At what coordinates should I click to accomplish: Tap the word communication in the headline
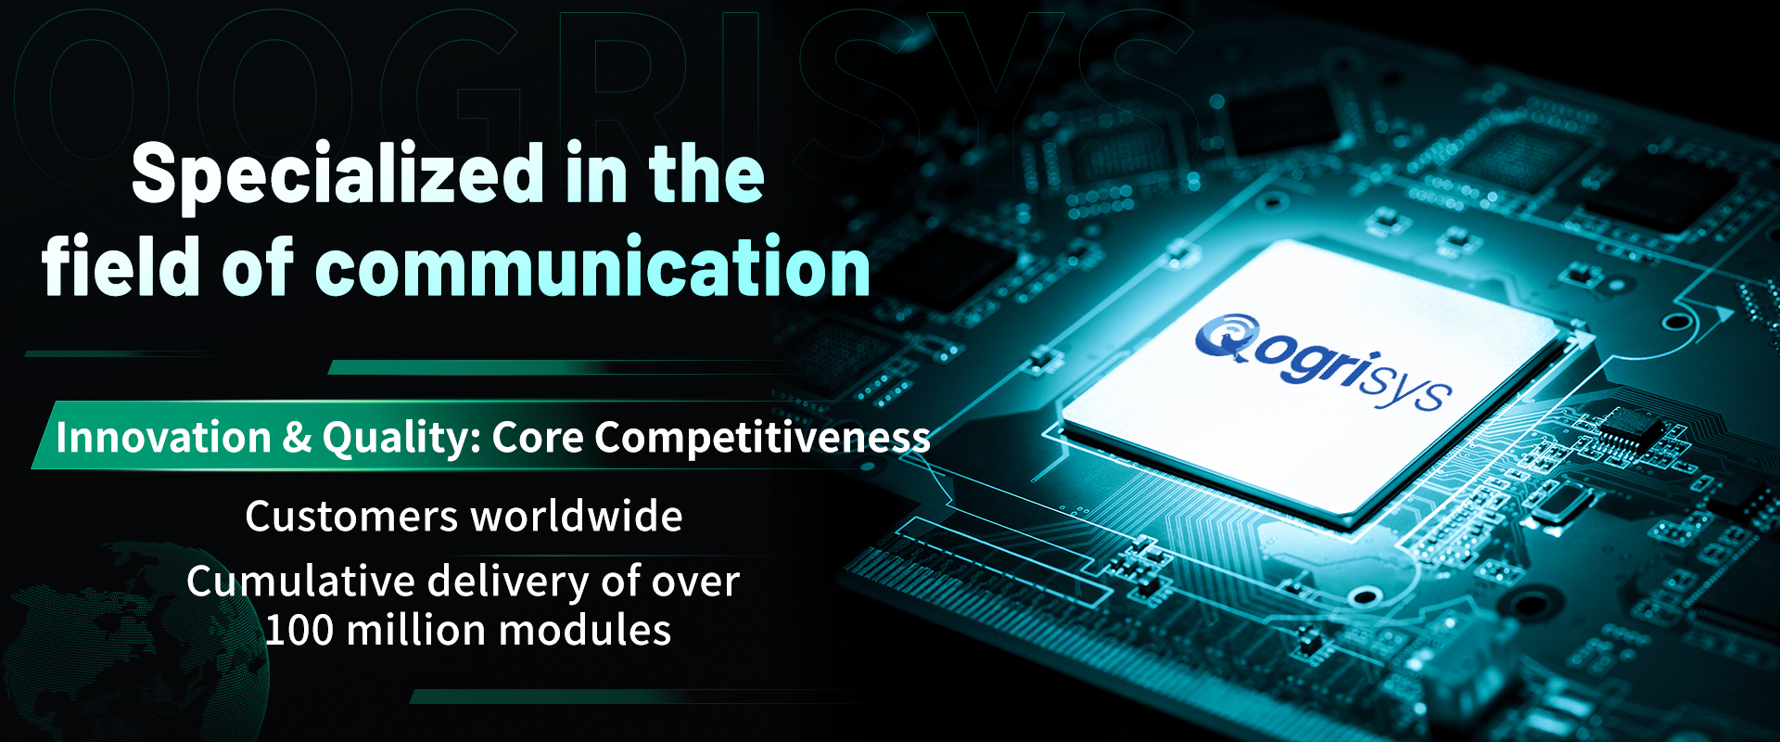[x=593, y=267]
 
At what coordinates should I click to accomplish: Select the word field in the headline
[x=121, y=266]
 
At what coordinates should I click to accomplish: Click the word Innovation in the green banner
[x=163, y=437]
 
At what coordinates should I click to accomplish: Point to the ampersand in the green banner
[x=297, y=438]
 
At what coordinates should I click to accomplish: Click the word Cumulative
[x=300, y=582]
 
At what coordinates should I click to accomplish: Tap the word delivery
[x=508, y=582]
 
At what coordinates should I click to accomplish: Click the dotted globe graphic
[x=130, y=640]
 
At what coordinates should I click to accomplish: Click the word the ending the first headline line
[x=706, y=174]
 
